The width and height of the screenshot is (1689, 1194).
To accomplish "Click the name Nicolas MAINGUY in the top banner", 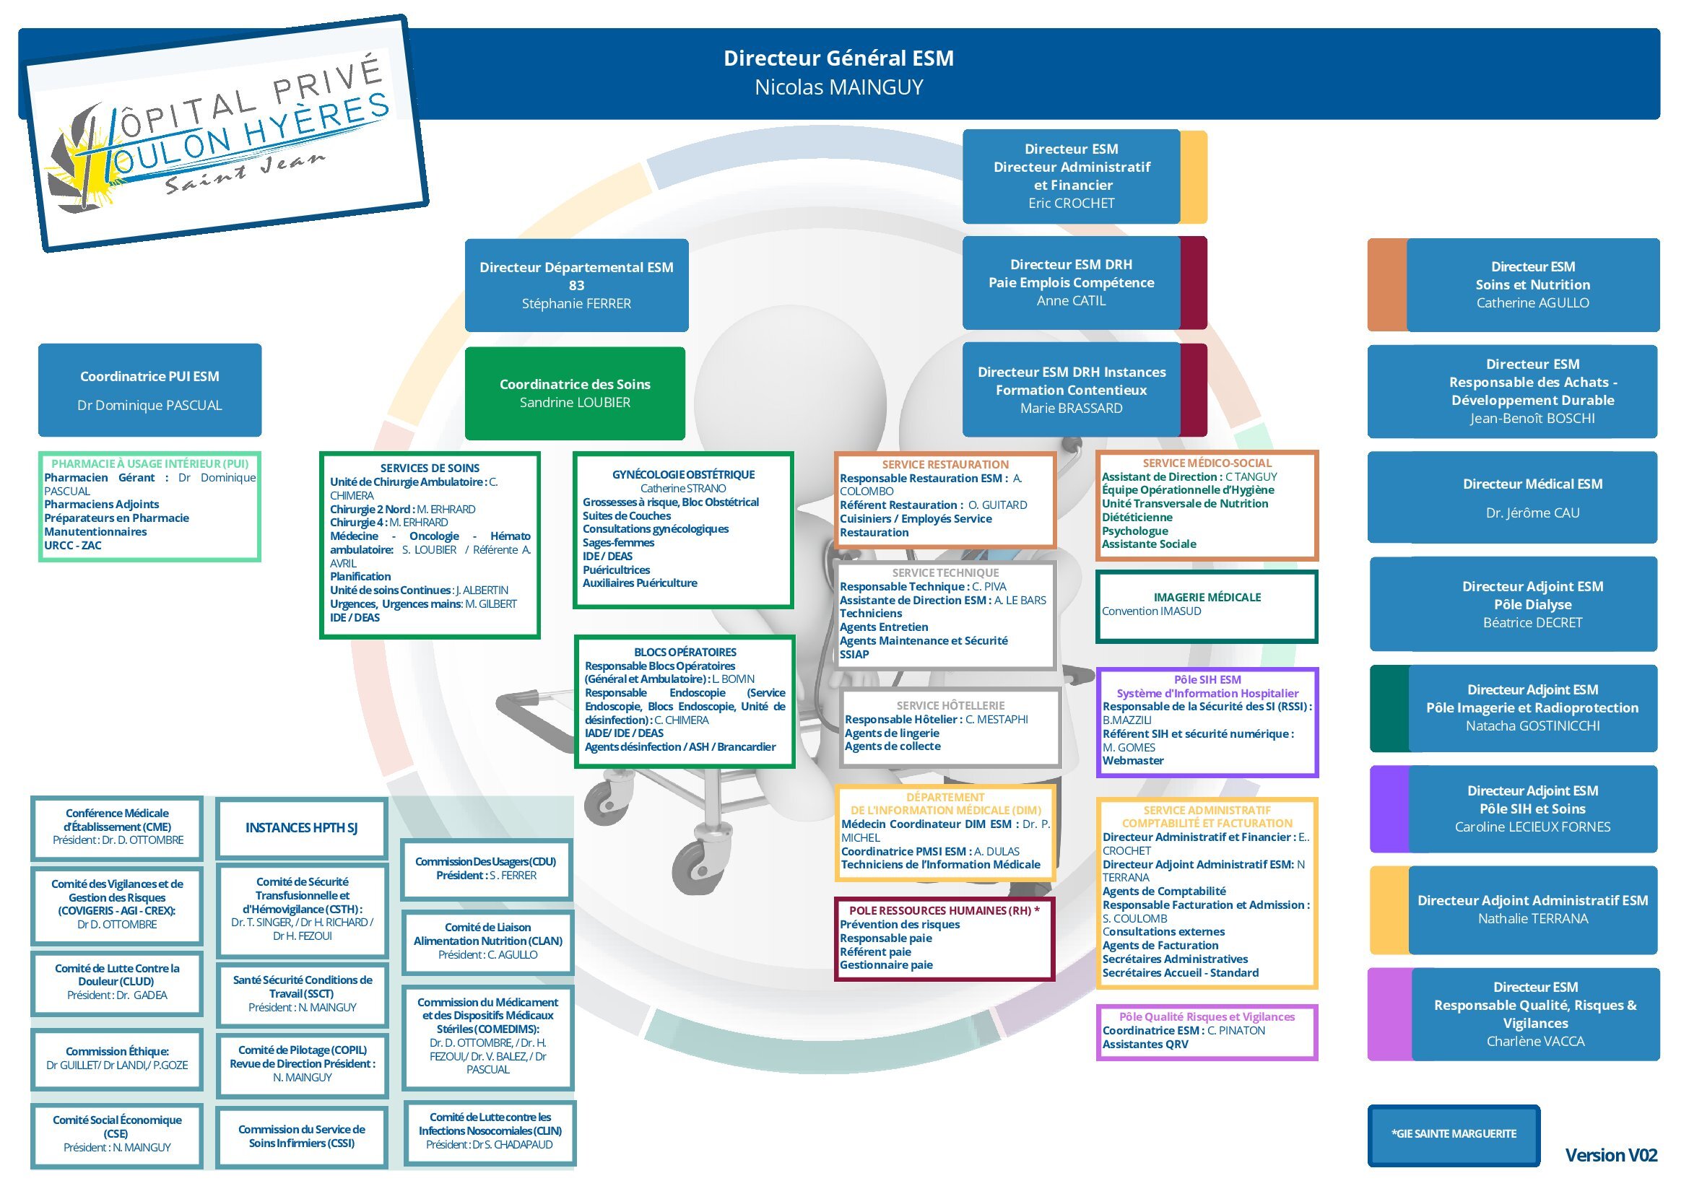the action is tap(838, 87).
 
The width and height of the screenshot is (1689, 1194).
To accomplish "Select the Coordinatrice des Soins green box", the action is tap(576, 393).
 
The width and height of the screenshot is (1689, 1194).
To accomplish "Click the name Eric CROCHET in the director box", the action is tap(1071, 204).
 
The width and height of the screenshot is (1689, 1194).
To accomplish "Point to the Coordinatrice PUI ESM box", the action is tap(150, 390).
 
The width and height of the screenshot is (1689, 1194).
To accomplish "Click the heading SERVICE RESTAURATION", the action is tap(945, 465).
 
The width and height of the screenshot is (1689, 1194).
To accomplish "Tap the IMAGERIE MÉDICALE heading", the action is tap(1207, 597).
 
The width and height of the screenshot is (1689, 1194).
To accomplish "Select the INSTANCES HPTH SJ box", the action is tap(302, 828).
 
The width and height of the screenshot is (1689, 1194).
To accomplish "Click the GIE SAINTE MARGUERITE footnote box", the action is tap(1454, 1135).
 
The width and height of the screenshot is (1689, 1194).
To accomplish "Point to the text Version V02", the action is tap(1611, 1155).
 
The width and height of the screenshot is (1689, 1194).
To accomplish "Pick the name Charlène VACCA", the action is tap(1535, 1041).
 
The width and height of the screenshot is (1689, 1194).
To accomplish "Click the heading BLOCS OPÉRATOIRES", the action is tap(685, 652).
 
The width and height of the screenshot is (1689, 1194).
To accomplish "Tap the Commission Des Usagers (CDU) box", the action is tap(486, 869).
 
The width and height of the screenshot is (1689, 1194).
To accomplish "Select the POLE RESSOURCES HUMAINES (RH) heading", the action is tap(944, 910).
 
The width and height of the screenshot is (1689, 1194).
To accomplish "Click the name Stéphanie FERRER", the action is tap(577, 304).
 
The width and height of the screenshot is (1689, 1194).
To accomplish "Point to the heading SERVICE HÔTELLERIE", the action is tap(950, 706).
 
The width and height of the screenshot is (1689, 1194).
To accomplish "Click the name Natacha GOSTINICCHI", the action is tap(1533, 726).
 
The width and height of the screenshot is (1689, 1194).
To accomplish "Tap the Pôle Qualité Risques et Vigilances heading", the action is tap(1207, 1017).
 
